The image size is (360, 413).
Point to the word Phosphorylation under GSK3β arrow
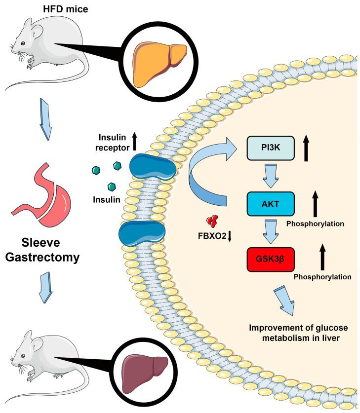click(x=322, y=277)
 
